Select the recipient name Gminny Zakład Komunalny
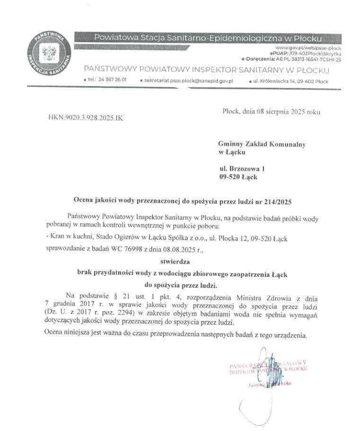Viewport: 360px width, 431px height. (x=262, y=143)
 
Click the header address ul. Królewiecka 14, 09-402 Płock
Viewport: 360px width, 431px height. (x=291, y=81)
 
